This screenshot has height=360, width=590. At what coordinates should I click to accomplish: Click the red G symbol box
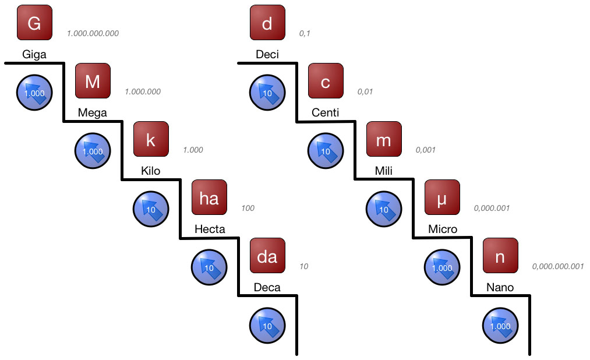(x=34, y=23)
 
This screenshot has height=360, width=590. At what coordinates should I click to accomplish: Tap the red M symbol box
(x=93, y=81)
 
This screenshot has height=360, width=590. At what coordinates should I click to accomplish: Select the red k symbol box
(x=151, y=139)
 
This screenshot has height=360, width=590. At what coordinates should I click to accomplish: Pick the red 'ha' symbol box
(x=209, y=197)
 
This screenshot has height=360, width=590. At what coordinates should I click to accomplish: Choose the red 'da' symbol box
(x=267, y=256)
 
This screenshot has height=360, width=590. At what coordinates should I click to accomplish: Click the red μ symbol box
(x=442, y=197)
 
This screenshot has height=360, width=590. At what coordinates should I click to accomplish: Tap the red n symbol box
(x=500, y=256)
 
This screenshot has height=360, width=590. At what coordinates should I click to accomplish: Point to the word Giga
(x=34, y=55)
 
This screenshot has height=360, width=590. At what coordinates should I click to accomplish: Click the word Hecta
(x=209, y=229)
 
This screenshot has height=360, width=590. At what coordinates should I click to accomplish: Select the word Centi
(x=326, y=112)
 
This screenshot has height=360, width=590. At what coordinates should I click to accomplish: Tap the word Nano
(x=500, y=287)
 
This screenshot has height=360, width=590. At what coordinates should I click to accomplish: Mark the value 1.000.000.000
(x=93, y=33)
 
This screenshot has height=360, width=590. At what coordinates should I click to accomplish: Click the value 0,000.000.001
(x=557, y=266)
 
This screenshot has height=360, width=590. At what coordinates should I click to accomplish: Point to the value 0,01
(x=365, y=91)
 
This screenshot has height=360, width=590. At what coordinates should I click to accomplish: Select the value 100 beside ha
(x=248, y=208)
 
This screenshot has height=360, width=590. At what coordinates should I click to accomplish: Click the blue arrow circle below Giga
(x=34, y=93)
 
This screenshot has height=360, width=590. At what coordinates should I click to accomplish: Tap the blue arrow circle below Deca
(x=267, y=326)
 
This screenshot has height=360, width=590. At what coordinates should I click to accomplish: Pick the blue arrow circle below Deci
(x=267, y=93)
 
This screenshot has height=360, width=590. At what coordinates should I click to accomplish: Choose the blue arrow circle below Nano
(x=500, y=326)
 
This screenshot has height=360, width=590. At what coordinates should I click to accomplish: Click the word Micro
(x=442, y=229)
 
